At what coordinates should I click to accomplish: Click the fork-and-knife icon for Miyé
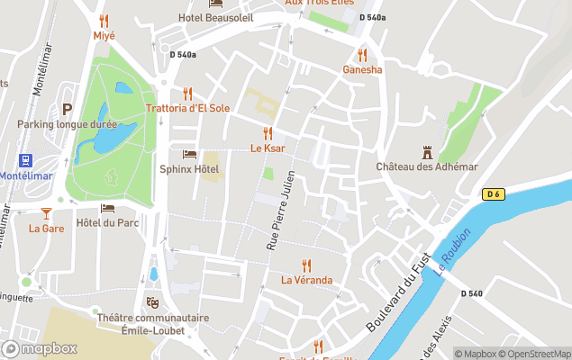coord(104,21)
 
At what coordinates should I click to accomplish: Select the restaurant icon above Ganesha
coord(362,55)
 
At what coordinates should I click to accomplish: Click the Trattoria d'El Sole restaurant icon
coord(187,94)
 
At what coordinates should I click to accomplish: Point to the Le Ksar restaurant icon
coord(268,133)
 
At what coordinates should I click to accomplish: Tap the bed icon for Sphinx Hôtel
coord(189,154)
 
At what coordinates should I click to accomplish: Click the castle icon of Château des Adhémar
coord(426,153)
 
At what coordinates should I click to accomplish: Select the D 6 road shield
coord(493,193)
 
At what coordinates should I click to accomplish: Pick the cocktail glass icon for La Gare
coord(46,213)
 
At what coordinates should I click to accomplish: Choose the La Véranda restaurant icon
coord(306,265)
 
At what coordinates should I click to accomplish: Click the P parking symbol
coord(67,108)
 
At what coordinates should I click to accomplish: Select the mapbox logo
coord(41,348)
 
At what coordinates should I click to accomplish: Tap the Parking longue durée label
coord(67,123)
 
